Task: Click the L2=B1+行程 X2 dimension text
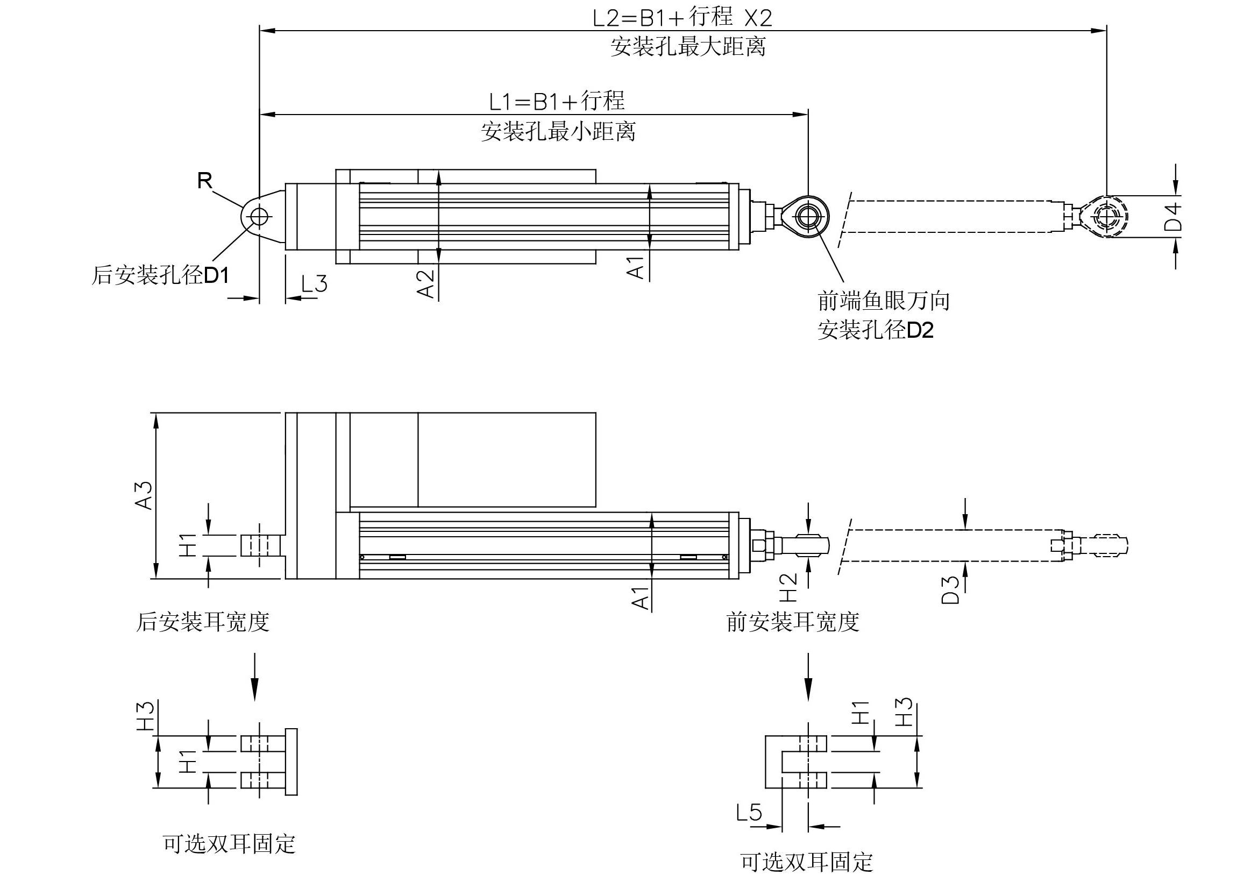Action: (682, 18)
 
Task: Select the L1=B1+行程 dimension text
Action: (557, 101)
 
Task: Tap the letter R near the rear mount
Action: (204, 180)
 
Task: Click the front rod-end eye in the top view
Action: (808, 217)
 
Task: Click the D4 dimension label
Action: (1172, 217)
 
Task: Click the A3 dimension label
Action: (145, 496)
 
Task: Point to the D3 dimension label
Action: (950, 590)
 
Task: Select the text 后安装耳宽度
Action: (202, 622)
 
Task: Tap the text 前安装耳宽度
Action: (792, 622)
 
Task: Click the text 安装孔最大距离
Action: (688, 47)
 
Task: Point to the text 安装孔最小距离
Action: (558, 132)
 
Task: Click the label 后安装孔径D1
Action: (160, 275)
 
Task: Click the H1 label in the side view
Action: (188, 545)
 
